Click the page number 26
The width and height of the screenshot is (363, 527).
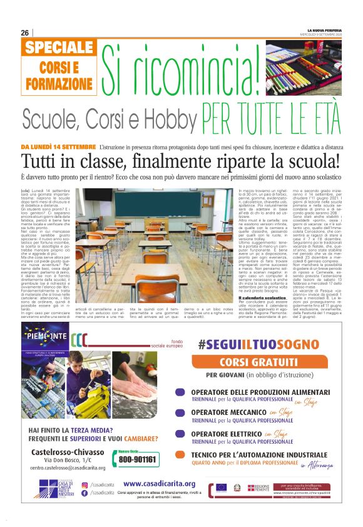pos(25,33)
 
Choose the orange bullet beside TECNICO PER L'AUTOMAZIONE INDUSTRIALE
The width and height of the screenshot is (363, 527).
pos(179,458)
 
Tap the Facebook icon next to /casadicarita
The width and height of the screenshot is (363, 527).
pos(84,493)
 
